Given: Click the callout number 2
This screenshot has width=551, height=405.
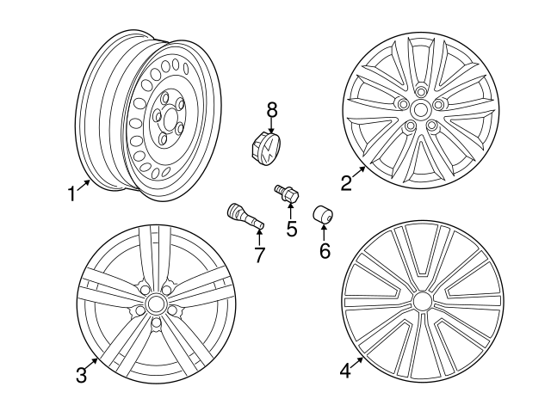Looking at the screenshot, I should pyautogui.click(x=346, y=182).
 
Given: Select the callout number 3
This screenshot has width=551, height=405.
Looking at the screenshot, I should pyautogui.click(x=81, y=375).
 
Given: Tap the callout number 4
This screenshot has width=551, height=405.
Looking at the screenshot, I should pyautogui.click(x=345, y=371).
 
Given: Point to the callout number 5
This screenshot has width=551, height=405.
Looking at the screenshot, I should pyautogui.click(x=292, y=229).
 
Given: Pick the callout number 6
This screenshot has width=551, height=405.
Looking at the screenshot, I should pyautogui.click(x=325, y=250).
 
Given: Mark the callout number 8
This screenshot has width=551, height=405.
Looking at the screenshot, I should pyautogui.click(x=272, y=109).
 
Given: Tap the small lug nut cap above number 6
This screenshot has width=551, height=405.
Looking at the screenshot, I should pyautogui.click(x=324, y=214).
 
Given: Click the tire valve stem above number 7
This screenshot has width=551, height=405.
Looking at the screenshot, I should pyautogui.click(x=244, y=217).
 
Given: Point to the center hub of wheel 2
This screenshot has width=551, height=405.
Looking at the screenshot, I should pyautogui.click(x=421, y=110).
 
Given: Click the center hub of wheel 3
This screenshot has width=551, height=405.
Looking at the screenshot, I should pyautogui.click(x=155, y=304).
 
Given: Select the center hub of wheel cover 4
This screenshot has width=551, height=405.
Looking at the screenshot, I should pyautogui.click(x=422, y=301).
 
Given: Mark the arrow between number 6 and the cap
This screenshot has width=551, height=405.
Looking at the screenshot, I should pyautogui.click(x=324, y=233).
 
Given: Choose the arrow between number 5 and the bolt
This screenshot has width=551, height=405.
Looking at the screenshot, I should pyautogui.click(x=290, y=212).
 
